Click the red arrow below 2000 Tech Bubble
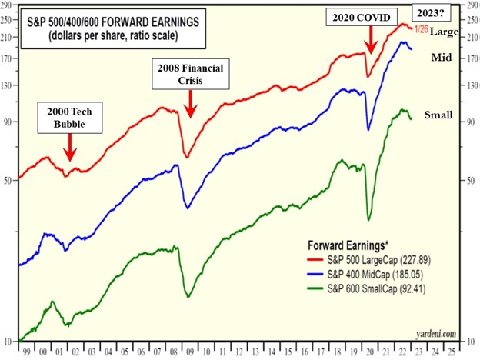click(x=69, y=145)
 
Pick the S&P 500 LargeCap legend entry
click(x=366, y=262)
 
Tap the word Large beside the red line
click(x=444, y=32)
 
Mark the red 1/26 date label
click(x=422, y=29)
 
